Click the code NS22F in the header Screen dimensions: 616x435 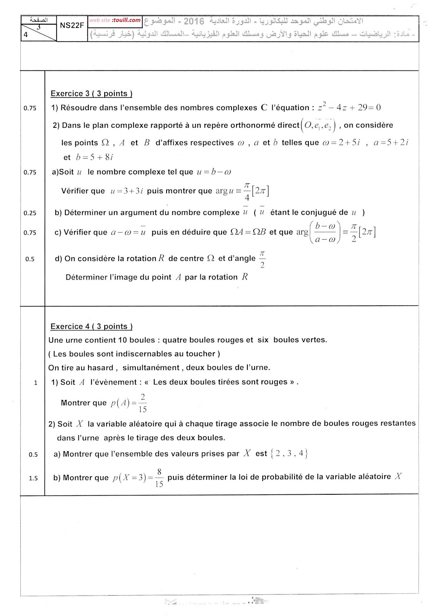click(x=72, y=26)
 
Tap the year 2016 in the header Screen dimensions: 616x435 click(x=194, y=21)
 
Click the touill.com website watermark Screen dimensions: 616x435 click(x=115, y=20)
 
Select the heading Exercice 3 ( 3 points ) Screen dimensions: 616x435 click(x=92, y=94)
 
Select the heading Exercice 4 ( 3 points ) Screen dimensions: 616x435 click(x=92, y=326)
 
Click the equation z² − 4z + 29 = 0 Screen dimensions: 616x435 click(x=349, y=107)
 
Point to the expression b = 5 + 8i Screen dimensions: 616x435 click(x=95, y=157)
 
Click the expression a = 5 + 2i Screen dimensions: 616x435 click(x=391, y=142)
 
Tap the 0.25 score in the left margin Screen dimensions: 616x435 click(x=30, y=213)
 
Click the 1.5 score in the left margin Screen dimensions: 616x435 click(x=33, y=478)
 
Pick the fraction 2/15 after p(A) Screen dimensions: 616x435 click(x=143, y=403)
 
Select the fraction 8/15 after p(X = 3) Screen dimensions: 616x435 click(x=159, y=478)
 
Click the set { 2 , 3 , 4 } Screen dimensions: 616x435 click(x=289, y=454)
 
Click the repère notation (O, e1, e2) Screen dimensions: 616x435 click(x=319, y=126)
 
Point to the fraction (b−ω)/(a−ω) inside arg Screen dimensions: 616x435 click(x=325, y=232)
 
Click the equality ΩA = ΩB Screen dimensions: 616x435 click(x=248, y=232)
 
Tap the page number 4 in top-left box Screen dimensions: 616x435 click(x=26, y=35)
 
